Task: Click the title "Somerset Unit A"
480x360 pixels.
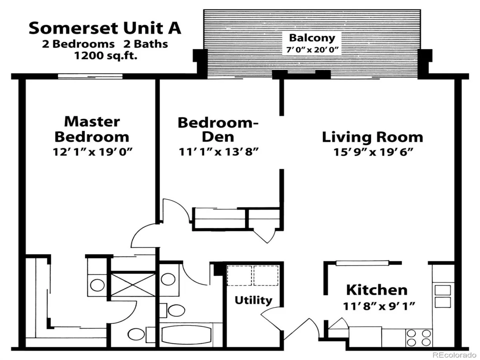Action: coord(105,28)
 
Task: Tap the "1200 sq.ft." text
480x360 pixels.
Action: coord(106,56)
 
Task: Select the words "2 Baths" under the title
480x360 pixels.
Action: coord(146,44)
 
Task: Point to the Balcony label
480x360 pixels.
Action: coord(312,38)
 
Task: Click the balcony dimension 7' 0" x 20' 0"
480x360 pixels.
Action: coord(312,50)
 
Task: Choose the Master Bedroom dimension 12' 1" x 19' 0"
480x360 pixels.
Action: coord(93,152)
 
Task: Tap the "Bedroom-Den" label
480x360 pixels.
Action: coord(218,130)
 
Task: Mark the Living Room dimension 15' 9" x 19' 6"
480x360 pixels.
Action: coord(373,152)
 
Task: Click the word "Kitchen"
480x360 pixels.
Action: coord(377,290)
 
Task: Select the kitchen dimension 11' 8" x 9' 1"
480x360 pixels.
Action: coord(379,306)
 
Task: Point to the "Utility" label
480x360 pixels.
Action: coord(254,300)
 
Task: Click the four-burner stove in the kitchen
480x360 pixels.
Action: coord(419,338)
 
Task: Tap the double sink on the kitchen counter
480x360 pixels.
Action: coord(443,296)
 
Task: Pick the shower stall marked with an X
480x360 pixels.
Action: coord(133,284)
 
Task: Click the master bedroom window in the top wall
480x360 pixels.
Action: coord(90,76)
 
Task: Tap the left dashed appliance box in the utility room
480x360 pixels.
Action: coord(240,276)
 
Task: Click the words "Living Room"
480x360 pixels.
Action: coord(372,137)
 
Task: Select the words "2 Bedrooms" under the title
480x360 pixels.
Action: coord(78,44)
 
